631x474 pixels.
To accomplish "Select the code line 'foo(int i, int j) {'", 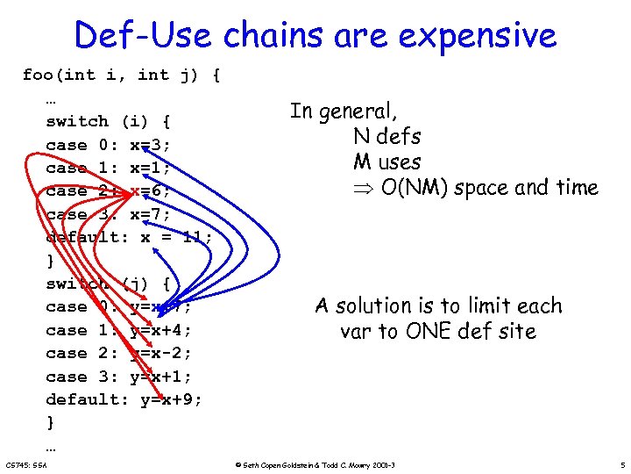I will click(x=121, y=75).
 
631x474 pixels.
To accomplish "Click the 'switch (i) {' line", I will click(x=108, y=121).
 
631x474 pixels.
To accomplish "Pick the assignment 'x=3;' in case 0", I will click(x=151, y=145).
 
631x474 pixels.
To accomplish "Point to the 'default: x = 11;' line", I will click(x=129, y=237).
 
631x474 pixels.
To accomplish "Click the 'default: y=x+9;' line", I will click(x=124, y=399).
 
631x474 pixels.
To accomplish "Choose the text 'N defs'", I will click(x=386, y=137).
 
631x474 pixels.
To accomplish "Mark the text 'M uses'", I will click(x=386, y=162).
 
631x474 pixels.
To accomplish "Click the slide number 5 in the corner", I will click(x=620, y=464).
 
